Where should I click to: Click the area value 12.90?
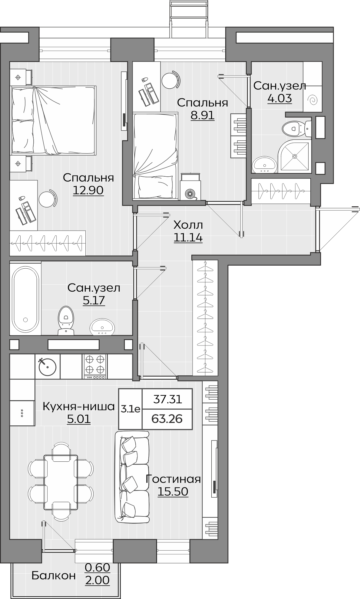[88, 190]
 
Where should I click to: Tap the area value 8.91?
[203, 115]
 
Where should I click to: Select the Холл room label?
[188, 225]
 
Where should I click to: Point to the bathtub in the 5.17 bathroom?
[25, 298]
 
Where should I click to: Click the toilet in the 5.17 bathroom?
[66, 321]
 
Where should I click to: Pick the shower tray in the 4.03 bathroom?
[294, 156]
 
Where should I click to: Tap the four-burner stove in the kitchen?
[95, 366]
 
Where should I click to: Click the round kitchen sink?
[48, 366]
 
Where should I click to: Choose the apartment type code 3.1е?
[130, 409]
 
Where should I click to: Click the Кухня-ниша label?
[79, 407]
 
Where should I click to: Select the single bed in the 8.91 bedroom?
[155, 156]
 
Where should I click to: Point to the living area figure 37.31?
[168, 399]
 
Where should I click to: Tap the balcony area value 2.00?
[97, 581]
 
